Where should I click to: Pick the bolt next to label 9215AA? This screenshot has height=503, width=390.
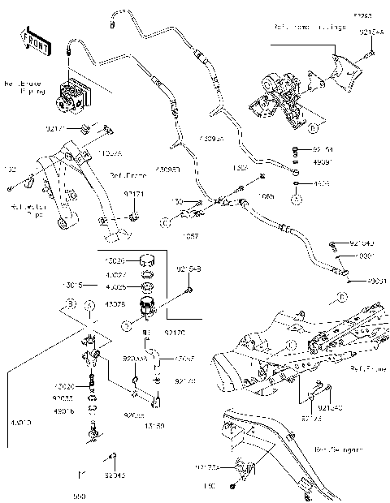tap(370, 54)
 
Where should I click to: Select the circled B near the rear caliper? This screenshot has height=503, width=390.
tap(312, 127)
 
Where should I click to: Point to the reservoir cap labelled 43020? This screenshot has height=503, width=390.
tap(147, 261)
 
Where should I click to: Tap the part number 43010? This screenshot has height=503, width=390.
tap(14, 422)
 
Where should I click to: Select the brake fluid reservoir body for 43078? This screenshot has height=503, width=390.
tap(148, 309)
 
